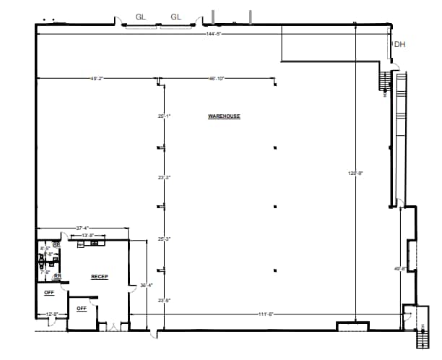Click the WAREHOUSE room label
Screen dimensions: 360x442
coord(224,116)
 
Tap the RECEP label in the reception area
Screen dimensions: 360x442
coord(99,277)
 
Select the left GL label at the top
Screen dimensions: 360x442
coord(142,16)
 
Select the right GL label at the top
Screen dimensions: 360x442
coord(175,16)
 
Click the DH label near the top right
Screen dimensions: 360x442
coord(399,45)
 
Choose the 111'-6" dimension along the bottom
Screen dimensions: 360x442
coord(266,314)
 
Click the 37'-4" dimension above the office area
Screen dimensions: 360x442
coord(83,228)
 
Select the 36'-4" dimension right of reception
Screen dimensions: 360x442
coord(146,286)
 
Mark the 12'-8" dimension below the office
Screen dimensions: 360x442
coord(51,314)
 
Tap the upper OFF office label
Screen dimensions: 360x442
coord(49,293)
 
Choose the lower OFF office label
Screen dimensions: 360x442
coord(81,309)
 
